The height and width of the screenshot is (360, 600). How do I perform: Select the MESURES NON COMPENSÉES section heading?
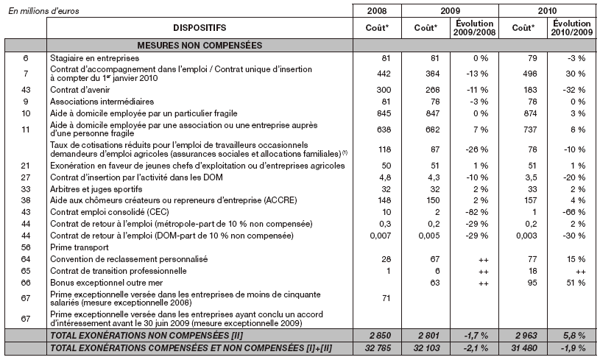(x=199, y=45)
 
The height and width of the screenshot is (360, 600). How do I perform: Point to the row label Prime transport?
(x=77, y=247)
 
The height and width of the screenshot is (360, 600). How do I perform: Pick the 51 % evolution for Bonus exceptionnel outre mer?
(x=567, y=283)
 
